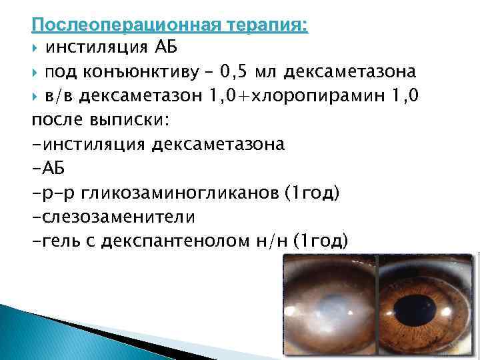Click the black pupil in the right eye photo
pyautogui.click(x=423, y=312)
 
